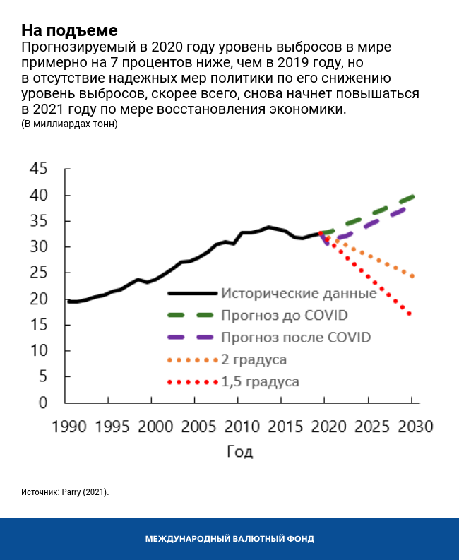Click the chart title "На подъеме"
click(x=68, y=30)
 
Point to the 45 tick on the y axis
click(x=38, y=169)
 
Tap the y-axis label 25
click(x=38, y=273)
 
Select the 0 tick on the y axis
click(x=42, y=403)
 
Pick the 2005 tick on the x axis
click(x=194, y=427)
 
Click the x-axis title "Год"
click(x=239, y=452)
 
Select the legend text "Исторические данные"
click(x=298, y=293)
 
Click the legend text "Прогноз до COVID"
click(x=285, y=315)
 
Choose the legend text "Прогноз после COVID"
click(x=296, y=337)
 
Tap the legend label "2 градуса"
click(x=254, y=359)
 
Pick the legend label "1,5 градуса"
click(x=260, y=382)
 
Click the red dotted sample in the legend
click(x=192, y=382)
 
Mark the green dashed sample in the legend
click(x=192, y=315)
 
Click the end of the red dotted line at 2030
click(x=410, y=314)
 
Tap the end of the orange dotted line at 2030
click(x=411, y=276)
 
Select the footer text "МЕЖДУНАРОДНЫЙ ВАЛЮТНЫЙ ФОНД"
click(x=229, y=539)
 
